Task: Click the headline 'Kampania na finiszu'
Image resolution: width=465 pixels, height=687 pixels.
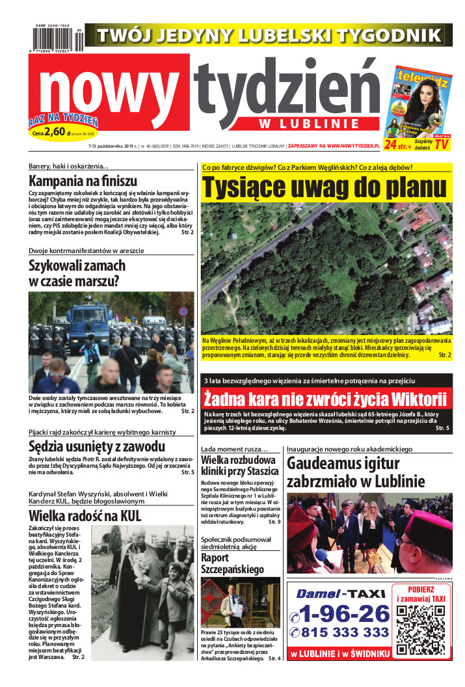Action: coord(83,182)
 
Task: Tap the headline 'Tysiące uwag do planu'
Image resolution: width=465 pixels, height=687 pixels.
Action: coord(325,187)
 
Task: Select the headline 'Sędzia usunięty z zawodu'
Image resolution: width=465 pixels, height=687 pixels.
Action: coord(97,446)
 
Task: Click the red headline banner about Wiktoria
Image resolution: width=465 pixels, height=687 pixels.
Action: coord(325,398)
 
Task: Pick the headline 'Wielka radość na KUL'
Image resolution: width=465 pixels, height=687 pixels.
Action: coord(85,516)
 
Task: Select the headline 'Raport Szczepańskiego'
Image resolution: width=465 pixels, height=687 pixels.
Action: coord(232,563)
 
